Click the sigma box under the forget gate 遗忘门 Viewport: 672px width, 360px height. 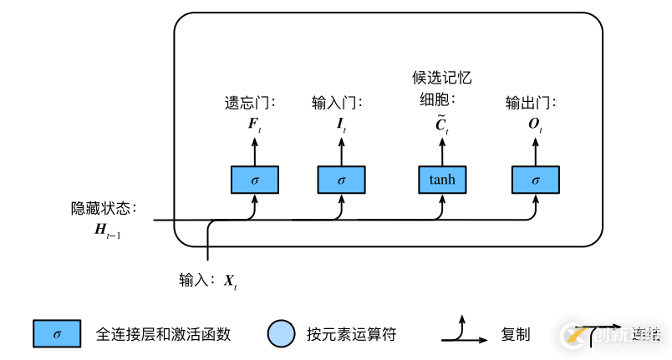[254, 180]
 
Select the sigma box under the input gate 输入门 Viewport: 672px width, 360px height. [341, 180]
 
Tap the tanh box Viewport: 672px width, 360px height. [441, 180]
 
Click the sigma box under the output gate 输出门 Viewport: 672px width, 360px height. [535, 180]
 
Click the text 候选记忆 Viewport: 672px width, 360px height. [442, 79]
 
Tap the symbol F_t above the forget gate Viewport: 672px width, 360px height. [254, 124]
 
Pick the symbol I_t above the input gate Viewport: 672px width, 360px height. [341, 124]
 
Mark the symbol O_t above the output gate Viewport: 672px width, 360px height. [536, 124]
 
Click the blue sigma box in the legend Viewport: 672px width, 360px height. [57, 334]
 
